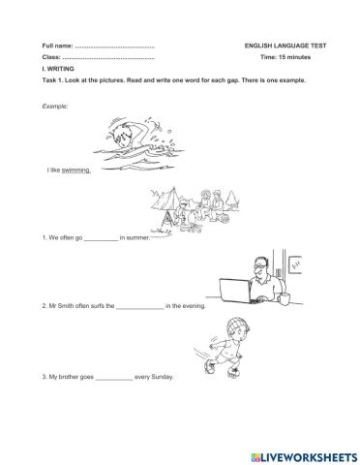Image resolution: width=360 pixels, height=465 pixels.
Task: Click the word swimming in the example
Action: [76, 170]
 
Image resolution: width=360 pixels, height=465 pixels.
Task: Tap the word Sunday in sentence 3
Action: [161, 376]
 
